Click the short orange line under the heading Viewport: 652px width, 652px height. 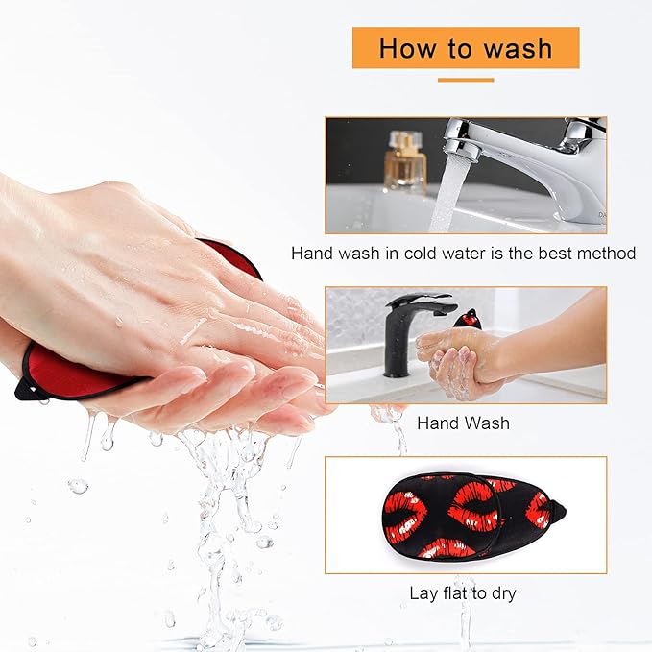coord(466,80)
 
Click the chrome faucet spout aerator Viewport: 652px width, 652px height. coord(460,150)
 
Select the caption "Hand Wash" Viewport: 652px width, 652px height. coord(463,423)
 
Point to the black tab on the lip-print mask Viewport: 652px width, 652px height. coord(558,511)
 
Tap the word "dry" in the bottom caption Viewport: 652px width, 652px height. coord(503,593)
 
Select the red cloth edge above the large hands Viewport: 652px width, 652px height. coord(232,256)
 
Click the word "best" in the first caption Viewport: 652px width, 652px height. coord(555,254)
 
